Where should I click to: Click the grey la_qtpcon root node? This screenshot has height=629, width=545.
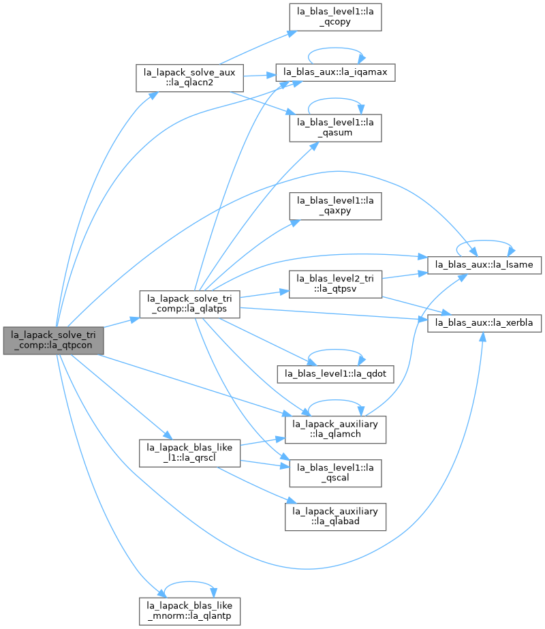point(53,341)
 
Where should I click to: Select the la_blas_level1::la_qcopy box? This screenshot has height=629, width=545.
point(335,17)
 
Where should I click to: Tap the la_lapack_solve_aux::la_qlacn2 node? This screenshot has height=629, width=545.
point(189,78)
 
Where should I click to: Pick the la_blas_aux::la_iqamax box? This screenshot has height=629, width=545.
point(335,73)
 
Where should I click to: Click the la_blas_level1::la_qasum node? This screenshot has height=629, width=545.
point(335,128)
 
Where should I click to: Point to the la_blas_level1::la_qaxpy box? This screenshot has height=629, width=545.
point(335,206)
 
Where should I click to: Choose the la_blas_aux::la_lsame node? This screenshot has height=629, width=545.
point(484,265)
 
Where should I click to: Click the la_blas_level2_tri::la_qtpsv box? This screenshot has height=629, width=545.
point(335,284)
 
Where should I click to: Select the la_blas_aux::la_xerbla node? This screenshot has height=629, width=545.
point(484,323)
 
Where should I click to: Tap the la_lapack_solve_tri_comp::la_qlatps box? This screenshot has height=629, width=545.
point(189,305)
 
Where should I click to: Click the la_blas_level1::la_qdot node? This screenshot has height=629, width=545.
point(335,374)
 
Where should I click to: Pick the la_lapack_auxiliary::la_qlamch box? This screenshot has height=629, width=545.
point(335,429)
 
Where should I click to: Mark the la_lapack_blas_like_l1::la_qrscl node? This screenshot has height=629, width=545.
point(189,453)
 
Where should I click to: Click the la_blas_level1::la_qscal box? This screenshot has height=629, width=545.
point(335,474)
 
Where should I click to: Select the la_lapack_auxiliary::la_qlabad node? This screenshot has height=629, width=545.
point(335,517)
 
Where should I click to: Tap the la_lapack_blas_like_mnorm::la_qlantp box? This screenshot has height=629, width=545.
point(189,611)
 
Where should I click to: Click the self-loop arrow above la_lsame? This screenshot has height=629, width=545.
point(484,241)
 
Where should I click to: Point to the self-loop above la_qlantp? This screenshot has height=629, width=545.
point(189,582)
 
